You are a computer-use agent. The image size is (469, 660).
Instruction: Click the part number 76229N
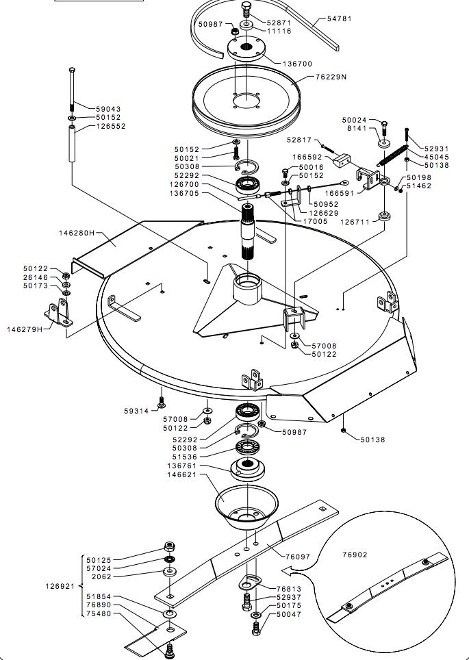pyautogui.click(x=331, y=77)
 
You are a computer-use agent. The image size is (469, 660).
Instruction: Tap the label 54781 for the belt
pyautogui.click(x=340, y=18)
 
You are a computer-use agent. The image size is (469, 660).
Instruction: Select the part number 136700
pyautogui.click(x=297, y=64)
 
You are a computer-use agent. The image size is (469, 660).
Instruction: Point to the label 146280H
pyautogui.click(x=77, y=233)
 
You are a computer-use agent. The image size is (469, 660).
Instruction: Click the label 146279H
pyautogui.click(x=25, y=329)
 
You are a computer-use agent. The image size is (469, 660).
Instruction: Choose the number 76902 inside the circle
pyautogui.click(x=355, y=555)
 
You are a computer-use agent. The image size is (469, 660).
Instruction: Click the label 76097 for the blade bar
pyautogui.click(x=298, y=557)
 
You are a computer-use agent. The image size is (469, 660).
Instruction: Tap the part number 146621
pyautogui.click(x=182, y=474)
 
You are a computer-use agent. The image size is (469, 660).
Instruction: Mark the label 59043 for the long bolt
pyautogui.click(x=108, y=109)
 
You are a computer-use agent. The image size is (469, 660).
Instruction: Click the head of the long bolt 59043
pyautogui.click(x=72, y=69)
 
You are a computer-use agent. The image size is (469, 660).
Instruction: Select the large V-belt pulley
pyautogui.click(x=246, y=101)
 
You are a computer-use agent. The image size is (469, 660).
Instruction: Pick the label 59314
pyautogui.click(x=136, y=411)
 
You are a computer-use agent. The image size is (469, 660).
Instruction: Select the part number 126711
pyautogui.click(x=355, y=221)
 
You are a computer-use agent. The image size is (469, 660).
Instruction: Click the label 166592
pyautogui.click(x=307, y=157)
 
